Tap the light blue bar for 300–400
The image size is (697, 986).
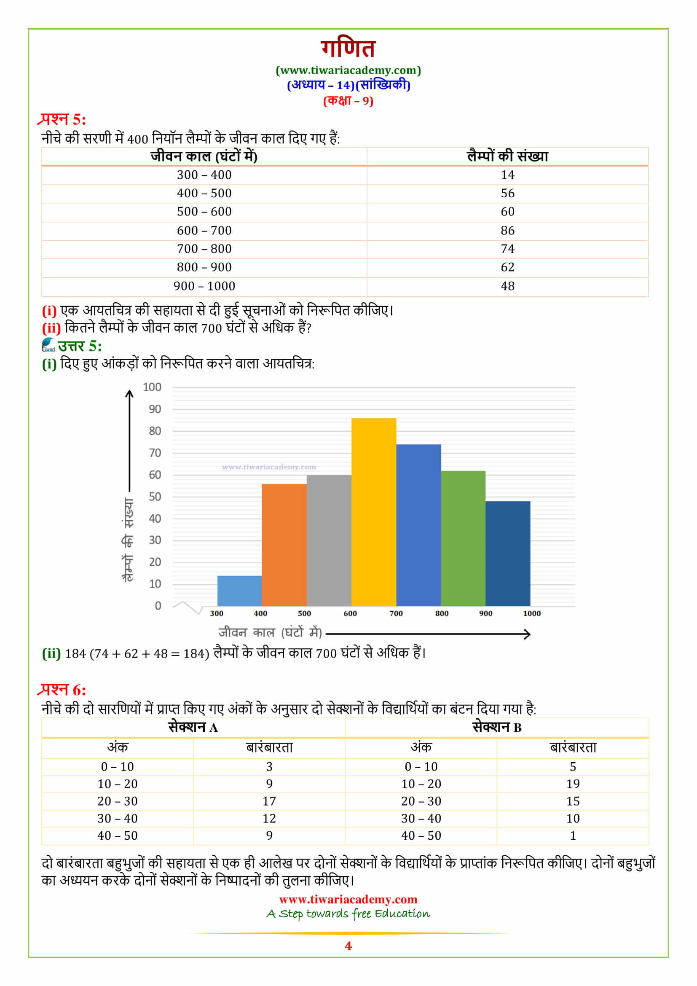tap(239, 591)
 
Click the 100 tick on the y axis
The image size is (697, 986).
tap(152, 387)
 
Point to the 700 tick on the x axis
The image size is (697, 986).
tap(396, 613)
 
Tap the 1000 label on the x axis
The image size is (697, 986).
tap(531, 613)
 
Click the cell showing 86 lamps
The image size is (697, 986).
tap(507, 231)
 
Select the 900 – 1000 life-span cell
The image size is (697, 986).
tap(204, 286)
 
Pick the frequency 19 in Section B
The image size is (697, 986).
tap(573, 784)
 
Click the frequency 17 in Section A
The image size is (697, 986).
tap(269, 801)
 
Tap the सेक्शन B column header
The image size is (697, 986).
tap(496, 728)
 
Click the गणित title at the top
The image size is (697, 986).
tap(348, 48)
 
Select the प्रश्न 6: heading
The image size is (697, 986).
tap(62, 690)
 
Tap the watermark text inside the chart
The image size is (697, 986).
tap(269, 467)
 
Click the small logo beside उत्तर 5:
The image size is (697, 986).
tap(48, 345)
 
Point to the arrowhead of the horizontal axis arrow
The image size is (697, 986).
tap(528, 634)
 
